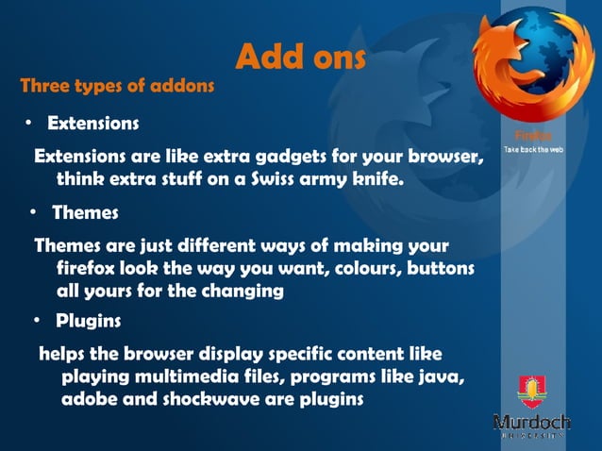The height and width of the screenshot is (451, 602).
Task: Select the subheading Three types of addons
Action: click(x=118, y=86)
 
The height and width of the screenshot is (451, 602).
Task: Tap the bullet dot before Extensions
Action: click(x=29, y=124)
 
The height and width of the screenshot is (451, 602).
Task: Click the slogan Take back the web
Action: click(x=533, y=150)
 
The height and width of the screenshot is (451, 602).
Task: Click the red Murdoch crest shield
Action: click(x=530, y=390)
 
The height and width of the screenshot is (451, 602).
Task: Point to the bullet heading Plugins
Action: click(x=88, y=321)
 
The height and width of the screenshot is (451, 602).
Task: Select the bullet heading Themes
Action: click(x=85, y=213)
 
